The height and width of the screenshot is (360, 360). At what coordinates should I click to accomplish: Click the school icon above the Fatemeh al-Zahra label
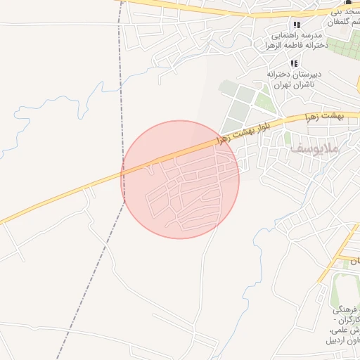pyautogui.click(x=297, y=25)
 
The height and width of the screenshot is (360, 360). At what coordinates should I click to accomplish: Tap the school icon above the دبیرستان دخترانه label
pyautogui.click(x=293, y=63)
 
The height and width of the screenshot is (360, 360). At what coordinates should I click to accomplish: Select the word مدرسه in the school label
pyautogui.click(x=309, y=35)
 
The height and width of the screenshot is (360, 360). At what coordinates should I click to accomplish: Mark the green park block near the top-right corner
pyautogui.click(x=345, y=49)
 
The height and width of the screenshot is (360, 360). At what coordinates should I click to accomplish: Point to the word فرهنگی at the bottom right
pyautogui.click(x=346, y=309)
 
